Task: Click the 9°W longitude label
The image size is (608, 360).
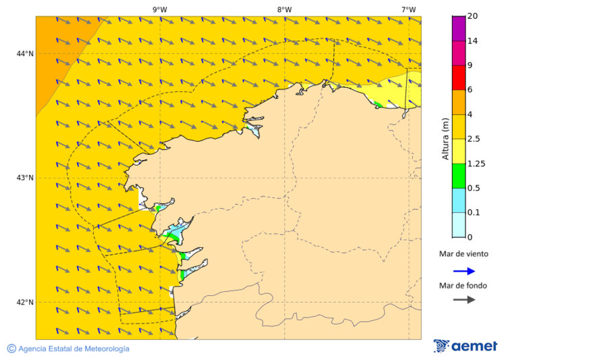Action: tap(160, 9)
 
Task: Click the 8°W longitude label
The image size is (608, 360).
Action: tap(284, 9)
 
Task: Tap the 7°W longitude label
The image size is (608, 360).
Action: tap(408, 9)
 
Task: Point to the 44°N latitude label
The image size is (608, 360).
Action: tap(25, 53)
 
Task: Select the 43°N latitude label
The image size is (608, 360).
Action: tap(25, 178)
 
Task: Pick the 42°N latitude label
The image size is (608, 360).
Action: tap(25, 302)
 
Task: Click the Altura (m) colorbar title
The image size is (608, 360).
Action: tap(445, 138)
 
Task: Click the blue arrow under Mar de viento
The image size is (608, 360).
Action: tap(463, 271)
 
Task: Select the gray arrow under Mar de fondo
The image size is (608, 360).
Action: tap(463, 299)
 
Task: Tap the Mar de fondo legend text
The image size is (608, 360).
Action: tap(463, 285)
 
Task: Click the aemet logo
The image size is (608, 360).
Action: tap(465, 346)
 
